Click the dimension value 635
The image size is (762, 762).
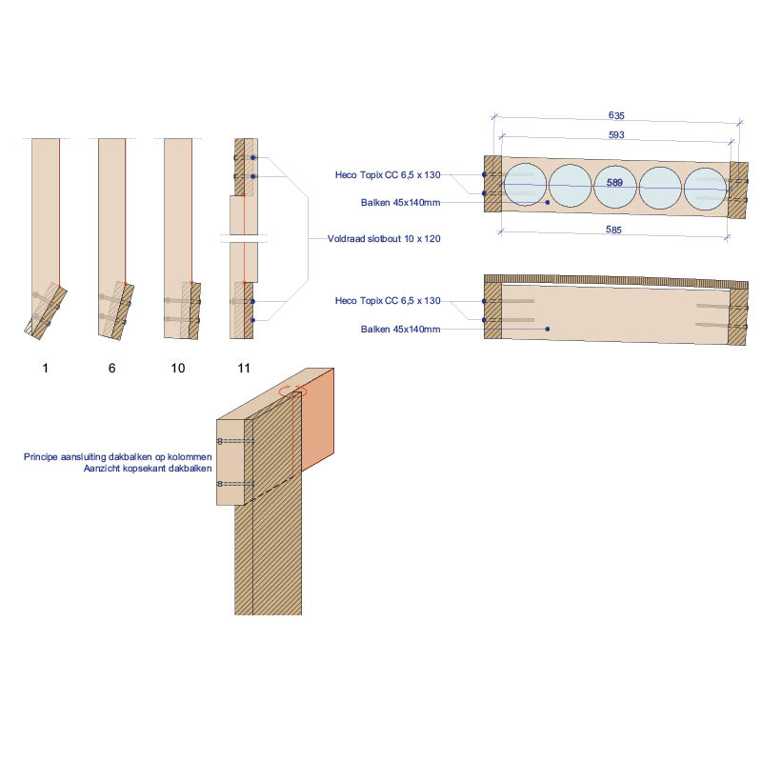click(616, 115)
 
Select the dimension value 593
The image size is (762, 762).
click(616, 134)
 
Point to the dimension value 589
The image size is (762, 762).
click(614, 183)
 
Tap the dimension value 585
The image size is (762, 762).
click(613, 230)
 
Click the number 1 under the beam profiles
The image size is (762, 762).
click(45, 368)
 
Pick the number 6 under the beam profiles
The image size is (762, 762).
click(111, 368)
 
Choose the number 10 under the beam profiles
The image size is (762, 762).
click(178, 368)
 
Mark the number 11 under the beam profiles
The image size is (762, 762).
click(244, 368)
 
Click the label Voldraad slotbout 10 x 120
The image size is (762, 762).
click(384, 239)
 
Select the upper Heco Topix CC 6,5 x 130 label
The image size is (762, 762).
click(388, 175)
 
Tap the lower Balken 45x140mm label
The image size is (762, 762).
click(400, 329)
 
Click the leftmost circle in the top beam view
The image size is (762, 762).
click(526, 185)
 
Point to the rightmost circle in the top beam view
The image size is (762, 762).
click(705, 189)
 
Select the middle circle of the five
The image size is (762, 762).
click(615, 187)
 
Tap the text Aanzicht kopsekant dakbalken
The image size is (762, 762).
click(148, 469)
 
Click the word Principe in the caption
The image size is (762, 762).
click(41, 457)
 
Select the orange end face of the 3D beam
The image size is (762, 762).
click(318, 419)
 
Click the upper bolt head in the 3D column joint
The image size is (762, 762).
click(220, 441)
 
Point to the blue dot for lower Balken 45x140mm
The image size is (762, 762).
click(547, 329)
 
